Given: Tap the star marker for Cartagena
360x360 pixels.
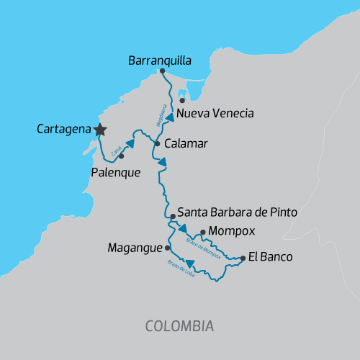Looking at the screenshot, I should pos(100,129).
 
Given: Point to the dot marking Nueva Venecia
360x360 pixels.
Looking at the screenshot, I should pos(182,100).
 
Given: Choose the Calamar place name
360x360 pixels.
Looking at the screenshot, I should pos(186,144).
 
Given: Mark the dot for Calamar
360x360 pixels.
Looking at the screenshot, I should pos(157,143).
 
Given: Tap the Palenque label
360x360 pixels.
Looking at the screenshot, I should pos(115,173).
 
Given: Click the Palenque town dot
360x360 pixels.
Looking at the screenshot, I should pos(121,156).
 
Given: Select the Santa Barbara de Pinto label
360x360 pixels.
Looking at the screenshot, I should pos(237,213).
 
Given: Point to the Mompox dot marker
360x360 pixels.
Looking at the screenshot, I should pos(203,232).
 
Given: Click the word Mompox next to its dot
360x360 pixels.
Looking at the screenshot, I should pos(228,233).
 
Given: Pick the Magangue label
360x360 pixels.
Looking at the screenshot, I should pos(135,248).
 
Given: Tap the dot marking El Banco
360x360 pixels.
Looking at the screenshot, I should pos(243,258).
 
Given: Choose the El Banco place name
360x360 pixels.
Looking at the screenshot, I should pos(270,256).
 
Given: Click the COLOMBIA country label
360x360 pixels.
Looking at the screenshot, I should pos(179,326).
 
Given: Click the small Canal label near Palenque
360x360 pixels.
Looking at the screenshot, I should pos(115,148).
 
